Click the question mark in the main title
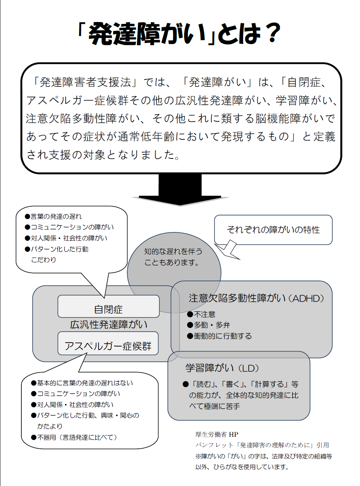click(272, 33)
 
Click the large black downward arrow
click(180, 190)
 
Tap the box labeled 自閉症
click(108, 306)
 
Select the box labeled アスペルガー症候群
click(108, 343)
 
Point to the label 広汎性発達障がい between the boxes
click(108, 325)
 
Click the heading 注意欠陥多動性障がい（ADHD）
click(256, 298)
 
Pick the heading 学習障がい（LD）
click(222, 368)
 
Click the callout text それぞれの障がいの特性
click(273, 230)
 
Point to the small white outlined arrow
click(227, 250)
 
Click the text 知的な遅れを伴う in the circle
click(173, 251)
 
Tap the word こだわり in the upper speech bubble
click(44, 260)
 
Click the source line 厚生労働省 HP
click(217, 434)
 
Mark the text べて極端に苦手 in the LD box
click(215, 406)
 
